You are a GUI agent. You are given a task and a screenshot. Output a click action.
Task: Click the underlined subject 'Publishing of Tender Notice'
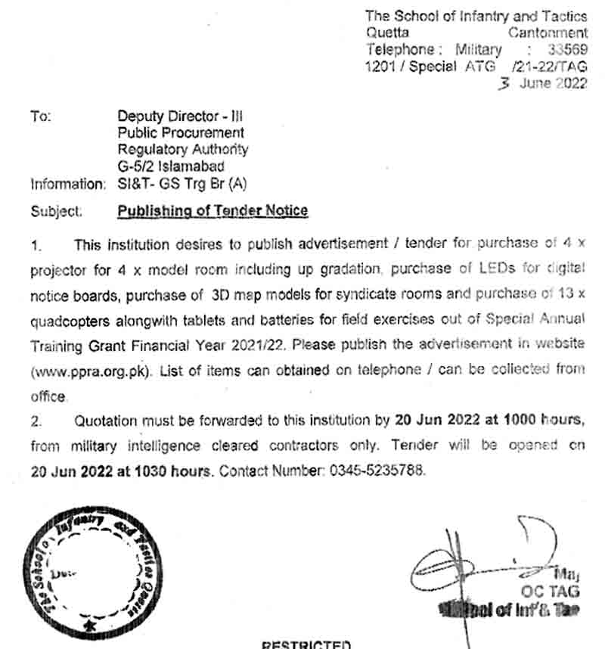pyautogui.click(x=213, y=210)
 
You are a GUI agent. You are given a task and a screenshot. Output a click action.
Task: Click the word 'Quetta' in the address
pyautogui.click(x=387, y=33)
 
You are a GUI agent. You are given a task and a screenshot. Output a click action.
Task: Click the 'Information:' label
pyautogui.click(x=68, y=183)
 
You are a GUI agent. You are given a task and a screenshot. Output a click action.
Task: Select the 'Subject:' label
pyautogui.click(x=56, y=211)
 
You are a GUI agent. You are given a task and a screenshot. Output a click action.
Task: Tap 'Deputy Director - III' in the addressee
pyautogui.click(x=179, y=116)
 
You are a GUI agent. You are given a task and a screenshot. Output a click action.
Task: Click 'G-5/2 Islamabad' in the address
pyautogui.click(x=171, y=166)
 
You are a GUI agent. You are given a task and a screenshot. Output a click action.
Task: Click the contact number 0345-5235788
pyautogui.click(x=377, y=470)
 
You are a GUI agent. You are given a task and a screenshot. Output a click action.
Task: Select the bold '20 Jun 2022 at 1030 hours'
pyautogui.click(x=121, y=470)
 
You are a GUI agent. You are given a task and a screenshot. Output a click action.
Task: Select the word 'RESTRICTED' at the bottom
pyautogui.click(x=306, y=644)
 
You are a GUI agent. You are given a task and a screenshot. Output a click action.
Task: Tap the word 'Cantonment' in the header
pyautogui.click(x=548, y=33)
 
